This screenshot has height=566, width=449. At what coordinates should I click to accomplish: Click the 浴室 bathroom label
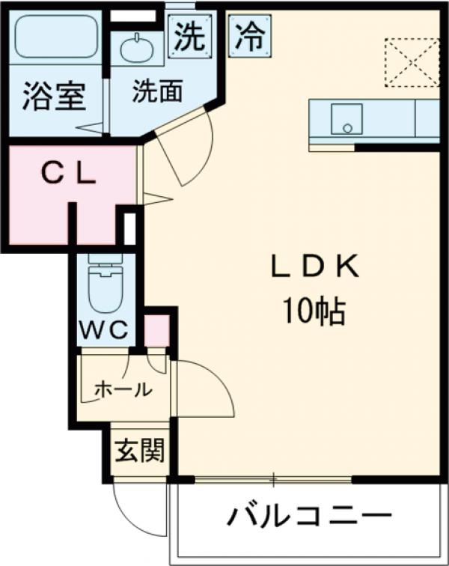[x=53, y=97]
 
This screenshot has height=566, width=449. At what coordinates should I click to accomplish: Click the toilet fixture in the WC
[x=105, y=286]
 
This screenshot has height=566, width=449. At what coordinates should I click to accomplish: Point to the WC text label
[x=106, y=329]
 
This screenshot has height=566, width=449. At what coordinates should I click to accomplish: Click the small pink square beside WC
[x=156, y=331]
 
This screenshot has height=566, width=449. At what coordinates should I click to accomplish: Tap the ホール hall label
[x=123, y=389]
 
